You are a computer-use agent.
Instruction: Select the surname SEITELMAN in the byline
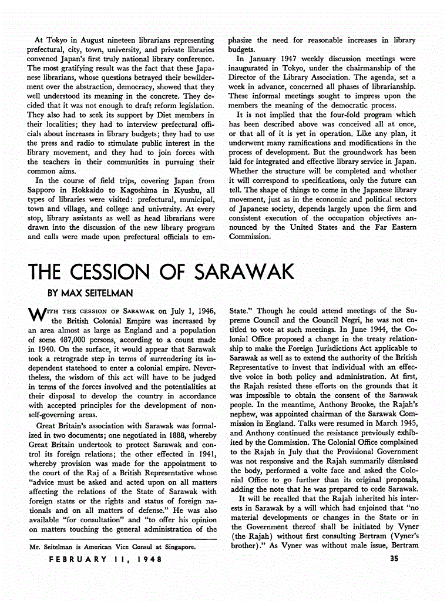tap(107, 292)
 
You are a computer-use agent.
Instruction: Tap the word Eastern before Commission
tap(401, 227)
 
